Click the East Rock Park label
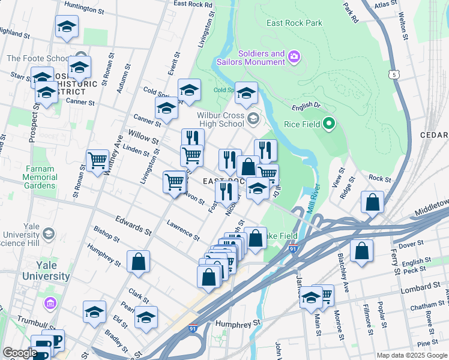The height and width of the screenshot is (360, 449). pyautogui.click(x=295, y=23)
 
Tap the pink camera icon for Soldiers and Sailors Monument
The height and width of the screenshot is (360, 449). pyautogui.click(x=294, y=57)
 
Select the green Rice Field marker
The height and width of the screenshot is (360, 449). pyautogui.click(x=328, y=125)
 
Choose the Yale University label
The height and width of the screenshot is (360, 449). pyautogui.click(x=42, y=271)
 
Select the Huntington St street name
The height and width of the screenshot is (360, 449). pyautogui.click(x=84, y=6)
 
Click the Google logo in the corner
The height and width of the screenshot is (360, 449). pyautogui.click(x=20, y=353)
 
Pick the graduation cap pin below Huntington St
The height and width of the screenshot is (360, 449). pyautogui.click(x=67, y=27)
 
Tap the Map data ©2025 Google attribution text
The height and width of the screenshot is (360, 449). pyautogui.click(x=411, y=355)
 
